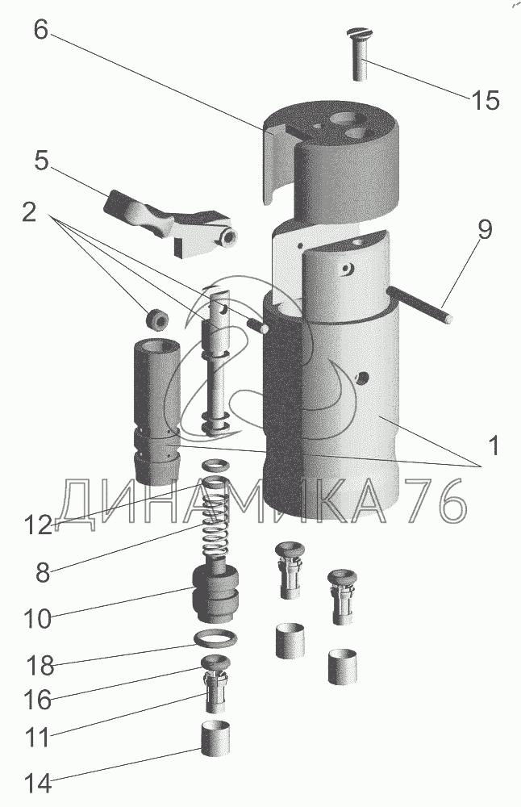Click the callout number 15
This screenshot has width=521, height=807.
[486, 101]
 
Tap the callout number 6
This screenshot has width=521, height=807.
[41, 30]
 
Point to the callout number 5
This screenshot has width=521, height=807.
[41, 161]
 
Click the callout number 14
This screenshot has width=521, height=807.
[38, 783]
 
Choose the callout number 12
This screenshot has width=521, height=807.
[38, 525]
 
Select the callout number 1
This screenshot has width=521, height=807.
[493, 445]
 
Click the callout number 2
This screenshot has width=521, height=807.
[29, 213]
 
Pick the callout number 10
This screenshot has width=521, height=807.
[38, 619]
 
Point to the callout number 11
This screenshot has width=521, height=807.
[38, 736]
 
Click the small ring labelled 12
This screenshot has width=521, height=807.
[214, 466]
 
